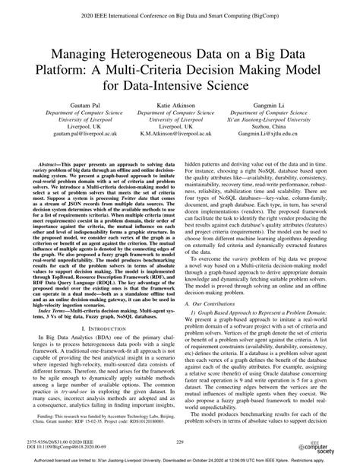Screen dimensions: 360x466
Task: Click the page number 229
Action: click(179, 441)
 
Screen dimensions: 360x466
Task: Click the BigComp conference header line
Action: click(179, 14)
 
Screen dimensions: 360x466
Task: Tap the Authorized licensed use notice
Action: click(179, 460)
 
